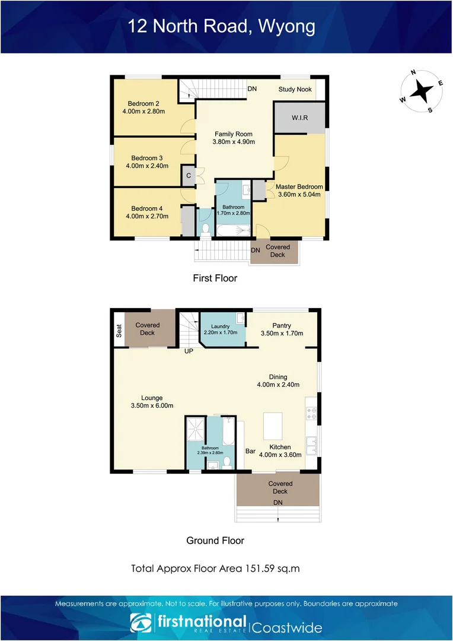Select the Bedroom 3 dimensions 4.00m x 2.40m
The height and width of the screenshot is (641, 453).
click(x=147, y=166)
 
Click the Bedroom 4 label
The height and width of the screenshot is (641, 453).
click(x=147, y=208)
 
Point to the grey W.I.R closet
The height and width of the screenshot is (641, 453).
click(x=299, y=118)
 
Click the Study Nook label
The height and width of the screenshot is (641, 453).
click(x=295, y=89)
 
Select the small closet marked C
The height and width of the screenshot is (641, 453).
click(x=188, y=176)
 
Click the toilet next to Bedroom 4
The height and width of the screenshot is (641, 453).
click(x=205, y=228)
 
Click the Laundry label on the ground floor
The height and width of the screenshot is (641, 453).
click(x=221, y=326)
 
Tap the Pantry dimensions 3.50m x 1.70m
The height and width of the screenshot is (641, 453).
click(x=282, y=334)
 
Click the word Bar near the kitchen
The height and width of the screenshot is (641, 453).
click(x=250, y=452)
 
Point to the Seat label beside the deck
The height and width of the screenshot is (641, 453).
click(x=119, y=331)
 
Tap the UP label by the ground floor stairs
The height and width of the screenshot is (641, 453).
click(x=189, y=351)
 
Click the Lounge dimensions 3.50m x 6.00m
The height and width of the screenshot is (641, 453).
click(x=152, y=406)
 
